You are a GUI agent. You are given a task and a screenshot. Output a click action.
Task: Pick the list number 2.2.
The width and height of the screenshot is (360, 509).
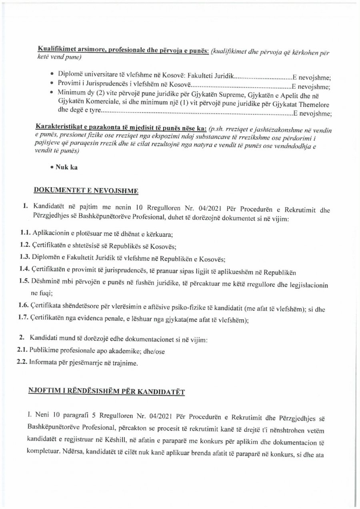coord(22,363)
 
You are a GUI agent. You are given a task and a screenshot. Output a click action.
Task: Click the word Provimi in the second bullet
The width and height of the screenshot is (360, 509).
coord(68,86)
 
